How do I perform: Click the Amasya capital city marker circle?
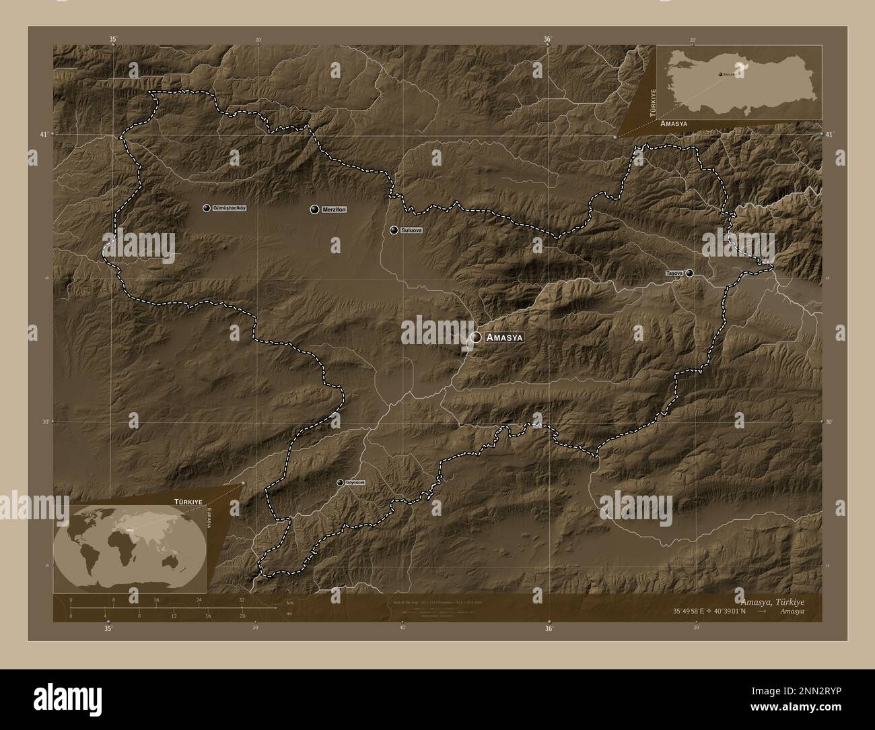pos(476,337)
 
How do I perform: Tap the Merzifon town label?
pos(334,209)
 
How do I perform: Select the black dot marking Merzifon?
pos(314,209)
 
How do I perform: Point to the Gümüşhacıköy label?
pos(229,208)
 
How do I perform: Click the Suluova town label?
pos(411,230)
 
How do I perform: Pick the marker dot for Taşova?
pos(689,273)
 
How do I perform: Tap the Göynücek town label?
pos(355,482)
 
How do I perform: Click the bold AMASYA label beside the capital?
pos(504,337)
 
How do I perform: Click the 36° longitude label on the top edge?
pos(547,40)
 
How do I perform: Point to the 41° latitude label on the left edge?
pos(44,135)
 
